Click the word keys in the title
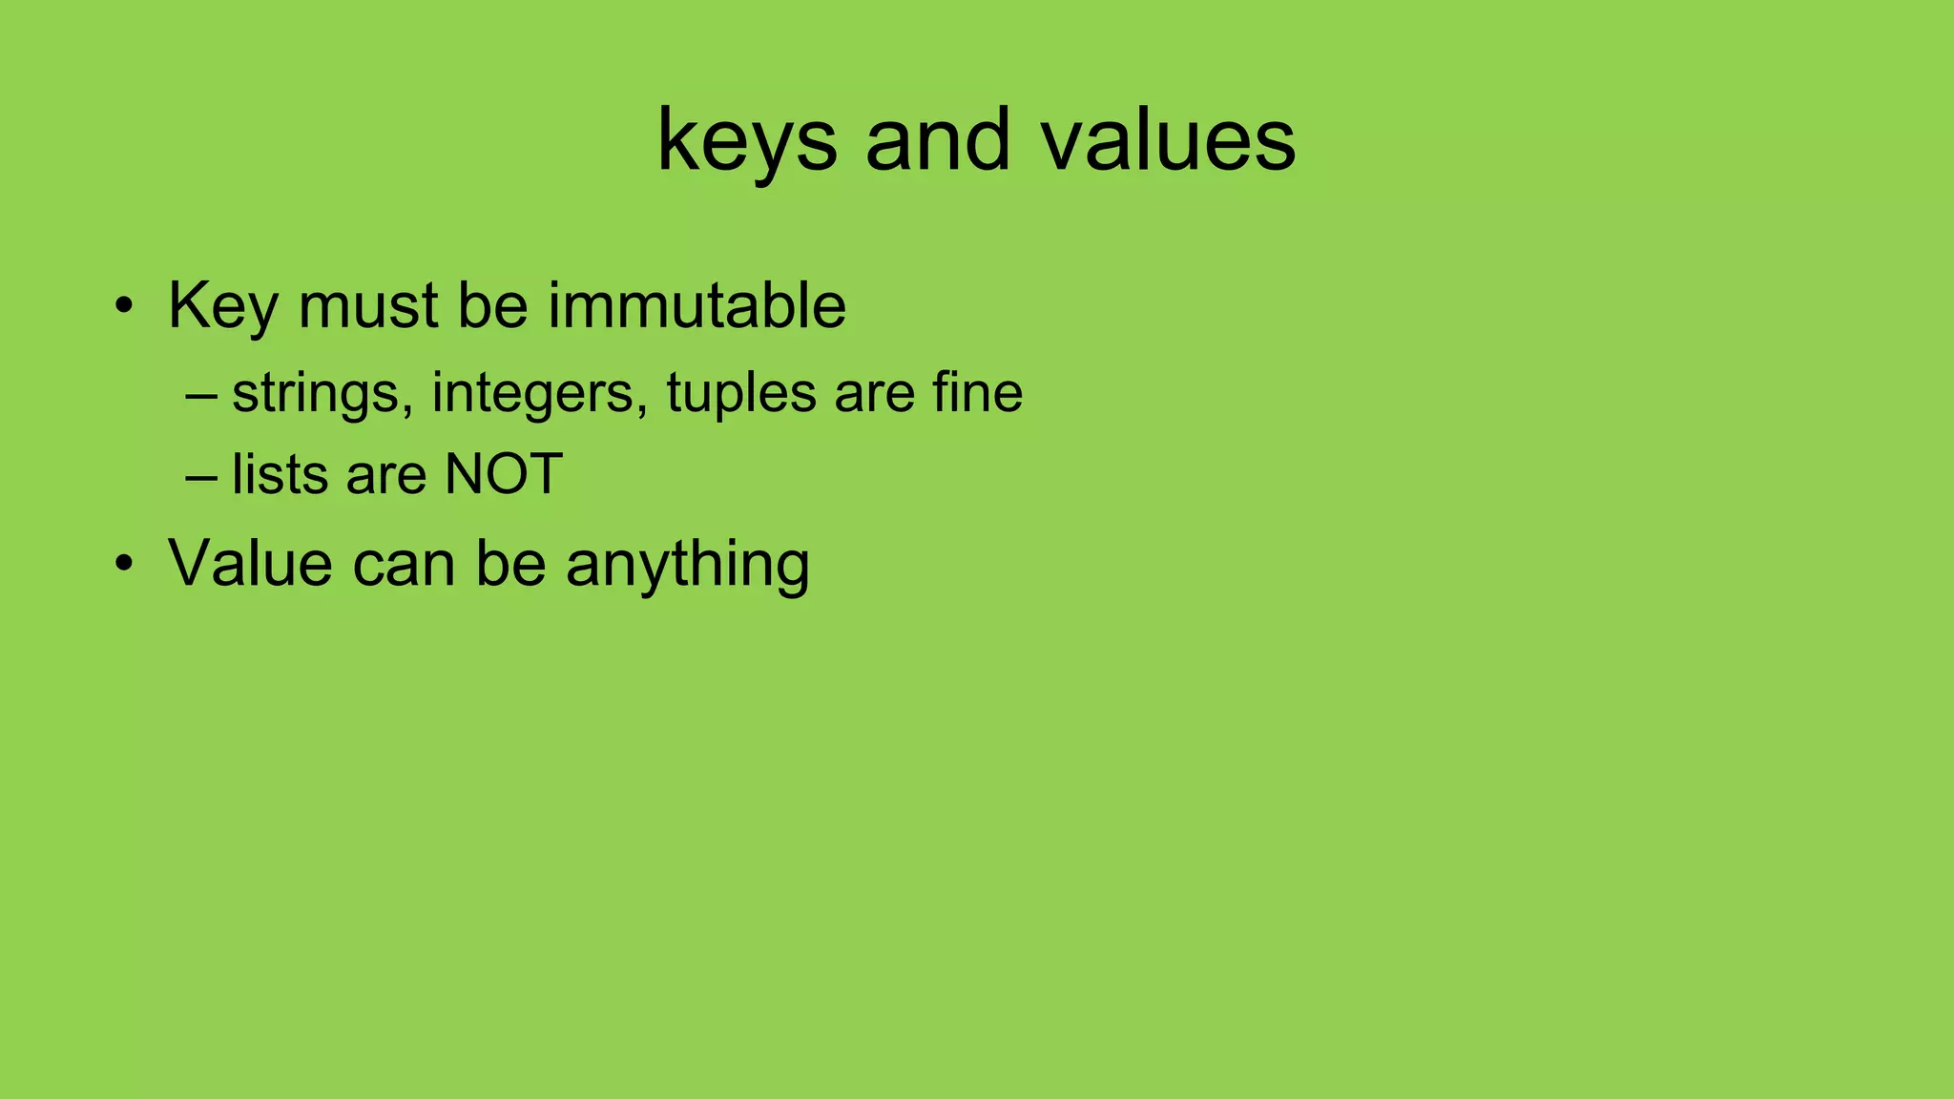tap(746, 141)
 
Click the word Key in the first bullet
tap(223, 307)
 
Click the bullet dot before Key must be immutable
tap(123, 307)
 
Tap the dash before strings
tap(201, 392)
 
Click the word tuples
tap(740, 393)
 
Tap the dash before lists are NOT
tap(201, 474)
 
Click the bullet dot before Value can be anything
tap(123, 564)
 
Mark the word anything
tap(687, 565)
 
